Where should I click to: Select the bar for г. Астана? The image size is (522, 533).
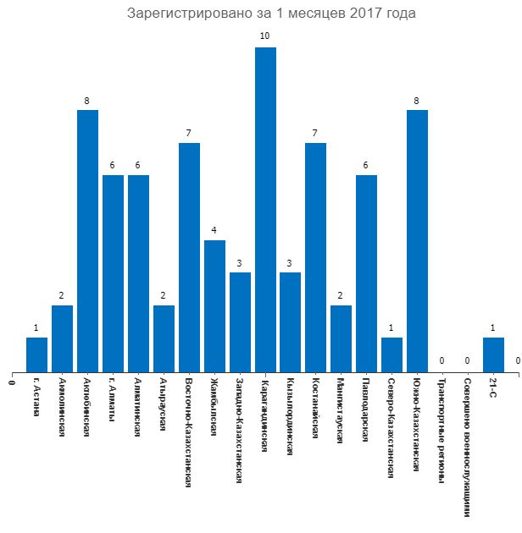pyautogui.click(x=36, y=354)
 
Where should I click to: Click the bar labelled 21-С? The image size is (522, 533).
pyautogui.click(x=493, y=354)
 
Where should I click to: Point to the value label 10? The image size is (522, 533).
pyautogui.click(x=265, y=36)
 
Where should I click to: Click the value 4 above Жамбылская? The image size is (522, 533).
pyautogui.click(x=214, y=230)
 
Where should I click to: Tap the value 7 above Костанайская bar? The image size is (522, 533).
pyautogui.click(x=316, y=133)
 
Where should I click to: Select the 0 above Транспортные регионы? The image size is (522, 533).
pyautogui.click(x=442, y=361)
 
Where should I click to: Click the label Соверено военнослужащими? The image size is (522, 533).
pyautogui.click(x=468, y=448)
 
